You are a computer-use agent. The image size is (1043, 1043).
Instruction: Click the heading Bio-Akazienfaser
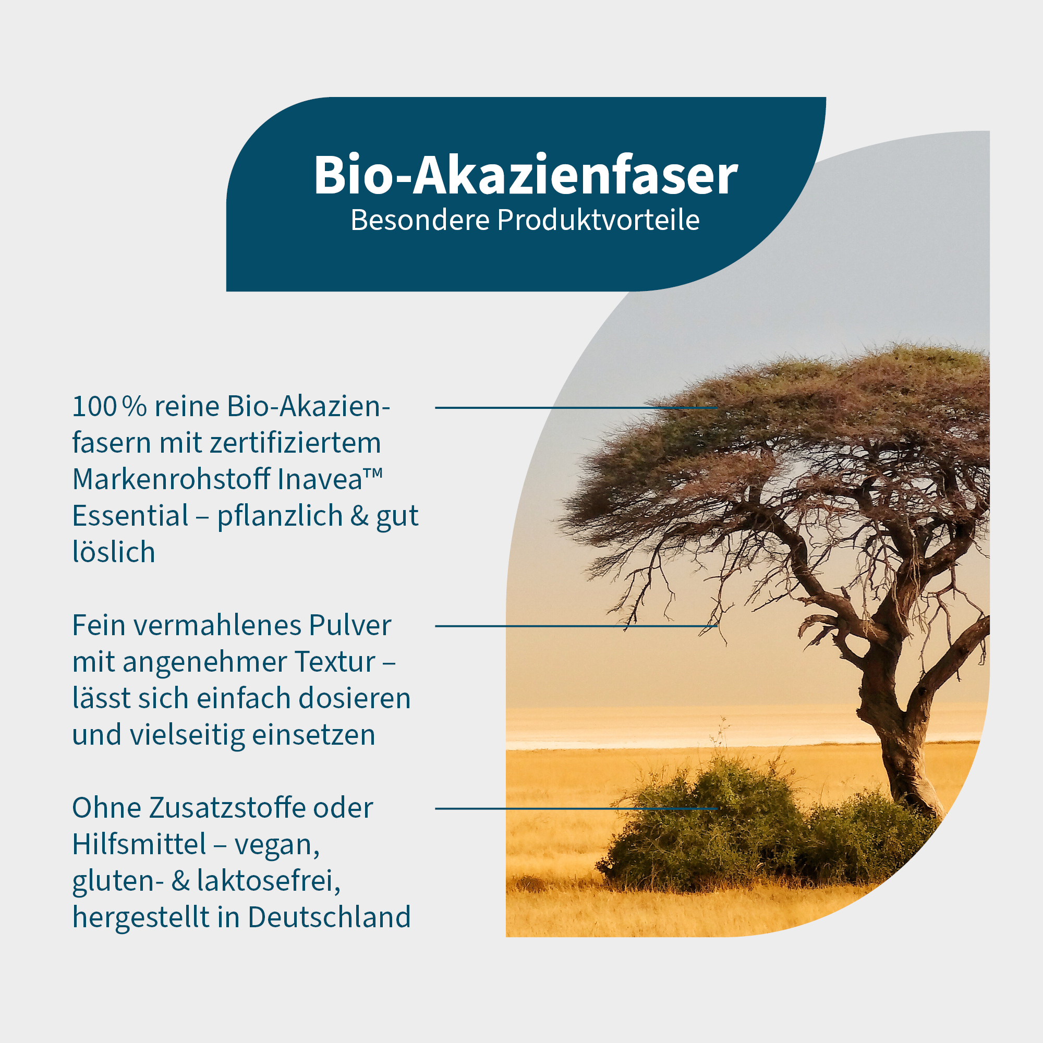525,175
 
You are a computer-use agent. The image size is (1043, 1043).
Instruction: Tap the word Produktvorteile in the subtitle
598,221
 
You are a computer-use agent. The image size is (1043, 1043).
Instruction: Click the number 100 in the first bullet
94,407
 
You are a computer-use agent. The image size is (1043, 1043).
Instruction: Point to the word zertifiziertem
295,443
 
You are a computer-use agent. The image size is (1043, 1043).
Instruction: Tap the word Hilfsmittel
139,844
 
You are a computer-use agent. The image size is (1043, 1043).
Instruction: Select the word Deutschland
329,917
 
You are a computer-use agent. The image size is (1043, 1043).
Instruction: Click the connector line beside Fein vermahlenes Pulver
576,626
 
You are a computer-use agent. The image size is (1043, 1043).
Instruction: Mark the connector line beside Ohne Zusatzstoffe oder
576,808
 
